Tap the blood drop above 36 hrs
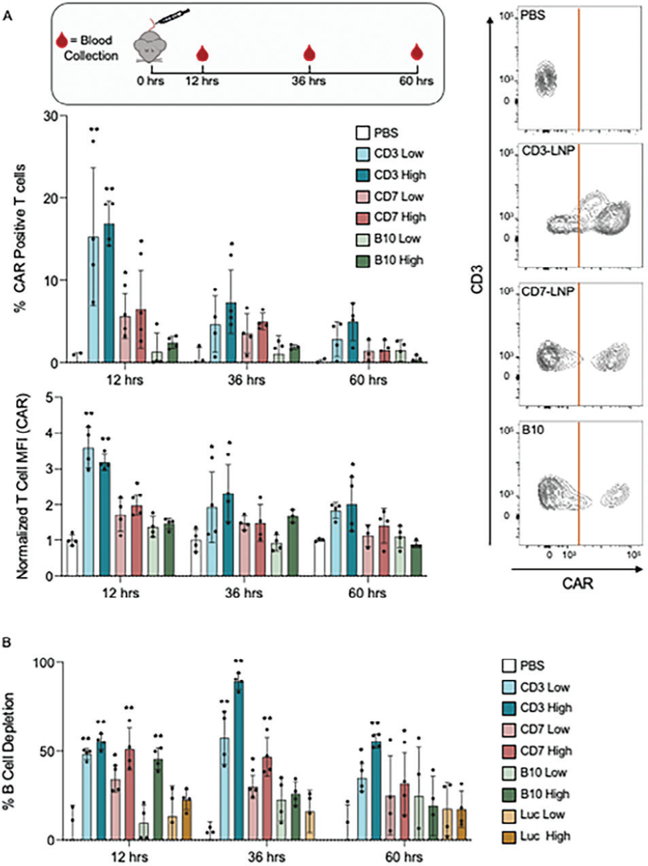pos(309,53)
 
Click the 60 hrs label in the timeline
pos(417,81)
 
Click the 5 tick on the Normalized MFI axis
pos(49,397)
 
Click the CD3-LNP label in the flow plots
pos(548,152)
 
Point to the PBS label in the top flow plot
pos(533,15)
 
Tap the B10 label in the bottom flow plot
pos(532,430)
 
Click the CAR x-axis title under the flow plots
pos(577,584)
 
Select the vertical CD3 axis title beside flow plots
pos(477,279)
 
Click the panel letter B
pos(7,643)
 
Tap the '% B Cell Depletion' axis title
pos(9,751)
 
